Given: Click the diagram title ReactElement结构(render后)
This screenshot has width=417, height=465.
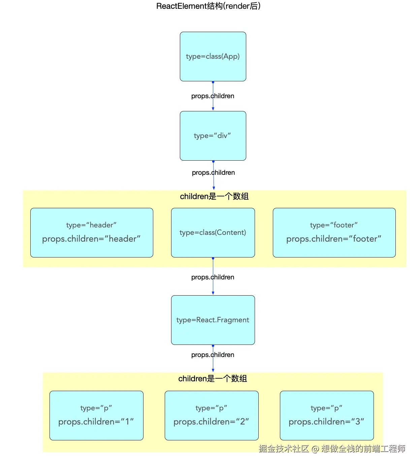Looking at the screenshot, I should [x=208, y=6].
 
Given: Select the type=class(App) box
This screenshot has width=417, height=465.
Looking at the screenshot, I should [x=213, y=56].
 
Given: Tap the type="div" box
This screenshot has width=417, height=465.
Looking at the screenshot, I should [x=213, y=136].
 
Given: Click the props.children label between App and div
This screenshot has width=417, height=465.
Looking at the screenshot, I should [x=213, y=96].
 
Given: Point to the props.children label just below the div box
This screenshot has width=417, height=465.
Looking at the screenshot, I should [x=213, y=173].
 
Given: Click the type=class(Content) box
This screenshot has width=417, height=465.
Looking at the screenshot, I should [x=213, y=232].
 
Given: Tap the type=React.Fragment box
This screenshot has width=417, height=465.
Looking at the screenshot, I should [x=213, y=320].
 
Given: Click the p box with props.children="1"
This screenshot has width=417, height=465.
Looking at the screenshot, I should [x=96, y=415].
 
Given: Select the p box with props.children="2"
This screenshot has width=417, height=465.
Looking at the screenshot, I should [x=212, y=415].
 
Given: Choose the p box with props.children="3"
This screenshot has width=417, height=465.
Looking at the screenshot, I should [x=327, y=415].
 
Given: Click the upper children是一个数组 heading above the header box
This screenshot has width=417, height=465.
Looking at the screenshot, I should [x=214, y=196].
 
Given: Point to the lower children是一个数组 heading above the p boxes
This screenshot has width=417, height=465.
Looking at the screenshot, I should [x=213, y=379].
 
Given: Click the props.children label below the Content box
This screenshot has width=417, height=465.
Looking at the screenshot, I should [x=213, y=277].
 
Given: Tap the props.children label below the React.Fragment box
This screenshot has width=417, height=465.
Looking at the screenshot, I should [x=213, y=355].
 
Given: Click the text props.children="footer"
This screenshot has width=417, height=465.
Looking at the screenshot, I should [x=334, y=239].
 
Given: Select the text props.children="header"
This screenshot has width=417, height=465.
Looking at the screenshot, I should [x=91, y=239].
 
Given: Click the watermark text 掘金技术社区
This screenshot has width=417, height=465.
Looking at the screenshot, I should [x=284, y=448].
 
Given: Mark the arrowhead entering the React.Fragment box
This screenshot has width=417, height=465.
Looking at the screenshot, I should [x=213, y=293].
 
